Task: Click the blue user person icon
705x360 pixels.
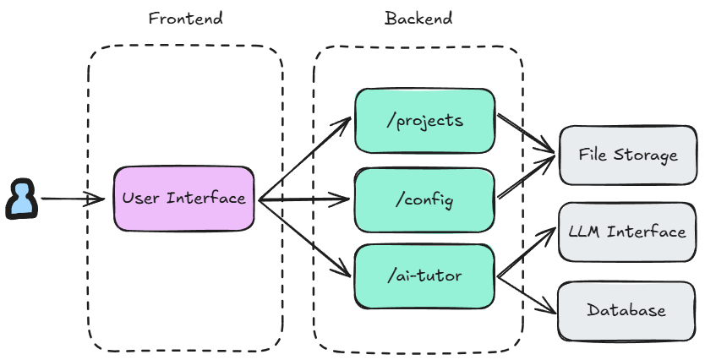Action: point(21,199)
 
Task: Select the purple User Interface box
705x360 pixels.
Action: point(184,199)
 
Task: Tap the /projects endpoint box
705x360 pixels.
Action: point(424,121)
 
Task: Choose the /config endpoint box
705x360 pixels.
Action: point(424,200)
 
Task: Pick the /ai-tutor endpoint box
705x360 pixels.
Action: point(424,275)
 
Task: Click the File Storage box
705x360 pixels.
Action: point(627,155)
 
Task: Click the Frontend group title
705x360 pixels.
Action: point(185,18)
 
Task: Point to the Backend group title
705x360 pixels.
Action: point(418,18)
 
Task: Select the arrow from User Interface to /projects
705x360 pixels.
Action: point(304,160)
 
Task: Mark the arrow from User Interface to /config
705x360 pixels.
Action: point(304,200)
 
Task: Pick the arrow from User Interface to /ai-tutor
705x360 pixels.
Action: point(304,238)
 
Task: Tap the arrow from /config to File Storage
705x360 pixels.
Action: point(526,177)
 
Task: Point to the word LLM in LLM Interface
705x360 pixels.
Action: point(584,232)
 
